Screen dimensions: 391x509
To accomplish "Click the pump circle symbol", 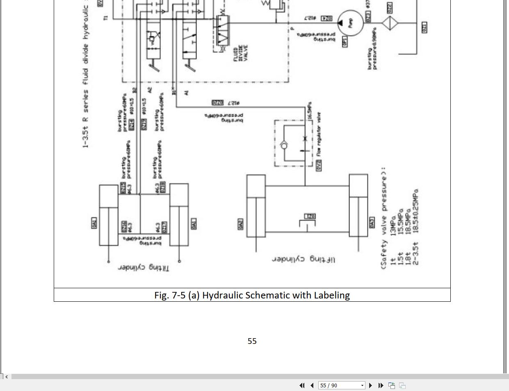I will click(x=351, y=23).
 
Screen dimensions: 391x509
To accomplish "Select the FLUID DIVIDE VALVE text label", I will click(x=241, y=53).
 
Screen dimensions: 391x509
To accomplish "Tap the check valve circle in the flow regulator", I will click(x=284, y=146).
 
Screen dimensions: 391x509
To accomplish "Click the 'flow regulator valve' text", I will click(x=319, y=134).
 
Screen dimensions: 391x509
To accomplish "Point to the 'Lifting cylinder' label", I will click(x=303, y=259).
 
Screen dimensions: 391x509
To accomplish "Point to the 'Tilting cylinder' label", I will click(x=143, y=267).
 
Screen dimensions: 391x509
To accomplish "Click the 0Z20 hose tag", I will click(x=217, y=102).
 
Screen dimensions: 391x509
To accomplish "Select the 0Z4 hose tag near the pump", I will click(x=326, y=18).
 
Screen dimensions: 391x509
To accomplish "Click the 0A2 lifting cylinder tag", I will click(x=240, y=224).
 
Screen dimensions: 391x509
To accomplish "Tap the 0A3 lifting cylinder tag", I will click(x=372, y=223).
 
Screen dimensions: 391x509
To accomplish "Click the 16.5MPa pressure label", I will click(x=310, y=111).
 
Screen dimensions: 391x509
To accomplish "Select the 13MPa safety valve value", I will click(x=394, y=226).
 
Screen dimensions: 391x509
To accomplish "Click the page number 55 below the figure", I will click(x=252, y=341).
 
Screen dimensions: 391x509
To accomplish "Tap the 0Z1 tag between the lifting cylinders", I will click(x=310, y=216).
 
